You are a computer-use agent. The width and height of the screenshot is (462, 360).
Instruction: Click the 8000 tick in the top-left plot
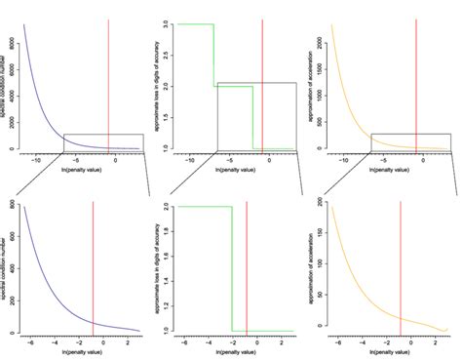tap(11, 22)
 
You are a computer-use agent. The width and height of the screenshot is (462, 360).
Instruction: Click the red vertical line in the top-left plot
tap(108, 78)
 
